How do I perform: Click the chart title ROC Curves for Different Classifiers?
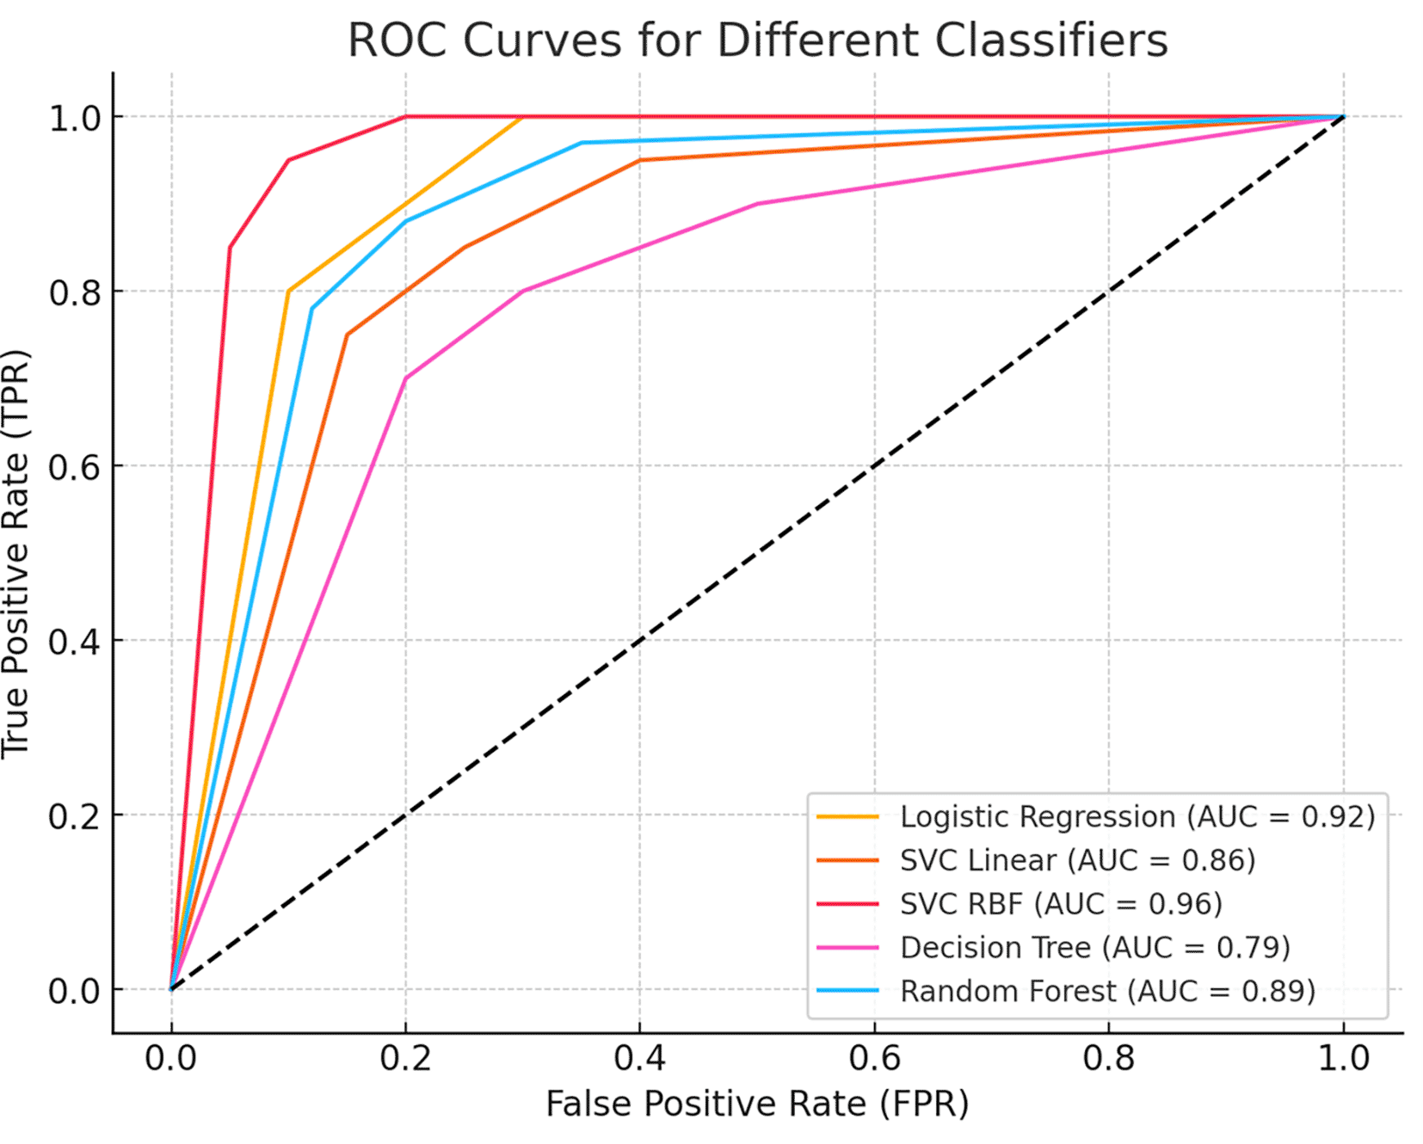tap(757, 40)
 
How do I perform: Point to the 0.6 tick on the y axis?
tap(74, 466)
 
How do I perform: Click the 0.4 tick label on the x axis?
tap(639, 1057)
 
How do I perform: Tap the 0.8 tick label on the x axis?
tap(1108, 1057)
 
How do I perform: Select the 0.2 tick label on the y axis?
tap(74, 815)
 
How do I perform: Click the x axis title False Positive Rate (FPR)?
tap(757, 1104)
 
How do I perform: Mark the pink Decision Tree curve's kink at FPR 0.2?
tap(405, 378)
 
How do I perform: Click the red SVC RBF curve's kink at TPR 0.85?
tap(230, 248)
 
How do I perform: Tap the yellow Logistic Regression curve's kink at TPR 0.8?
tap(288, 291)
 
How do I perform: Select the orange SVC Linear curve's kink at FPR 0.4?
tap(639, 160)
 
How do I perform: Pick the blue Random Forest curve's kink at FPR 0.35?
tap(582, 143)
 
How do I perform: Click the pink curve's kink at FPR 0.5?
tap(757, 204)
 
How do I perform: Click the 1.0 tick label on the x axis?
tap(1343, 1057)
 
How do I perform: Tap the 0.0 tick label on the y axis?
tap(74, 991)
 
